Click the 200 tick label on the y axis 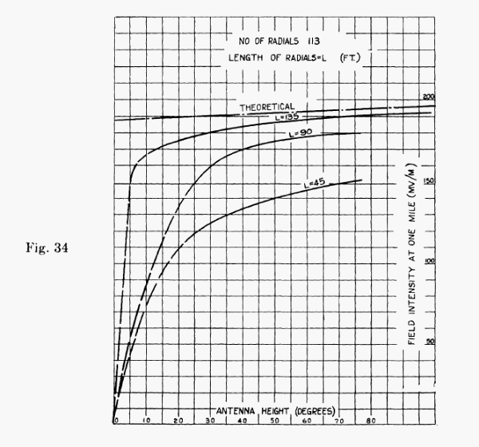[429, 97]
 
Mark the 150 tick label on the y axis [430, 181]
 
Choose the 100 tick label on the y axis [430, 263]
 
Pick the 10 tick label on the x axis [148, 421]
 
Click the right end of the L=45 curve [362, 180]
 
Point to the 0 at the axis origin [116, 421]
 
